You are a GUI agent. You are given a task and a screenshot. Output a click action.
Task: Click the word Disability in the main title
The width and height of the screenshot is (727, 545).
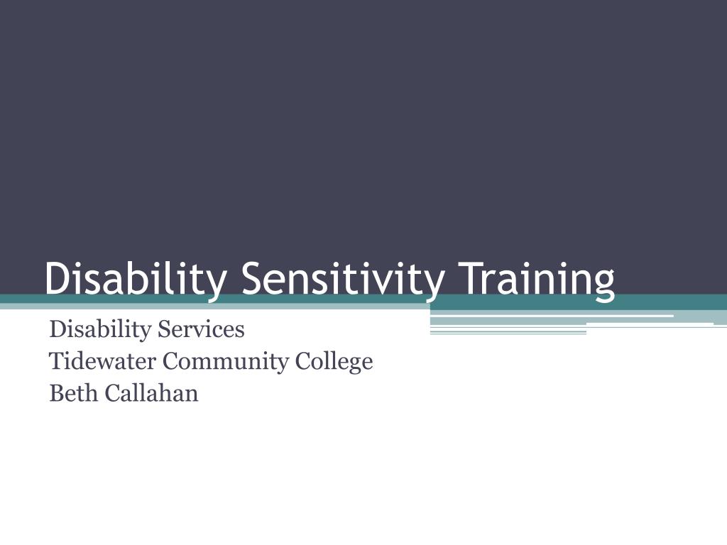136,278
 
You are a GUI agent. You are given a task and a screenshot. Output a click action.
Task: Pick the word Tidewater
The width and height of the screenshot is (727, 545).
102,361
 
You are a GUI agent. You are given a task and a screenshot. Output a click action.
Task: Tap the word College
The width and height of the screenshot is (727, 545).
334,361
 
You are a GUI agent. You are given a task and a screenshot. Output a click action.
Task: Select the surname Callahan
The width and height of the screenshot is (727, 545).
152,392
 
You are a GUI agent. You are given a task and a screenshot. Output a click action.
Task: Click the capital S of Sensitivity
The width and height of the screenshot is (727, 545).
253,278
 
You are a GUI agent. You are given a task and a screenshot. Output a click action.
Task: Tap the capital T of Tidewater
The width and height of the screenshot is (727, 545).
56,361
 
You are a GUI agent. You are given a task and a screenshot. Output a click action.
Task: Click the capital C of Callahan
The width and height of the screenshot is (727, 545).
112,392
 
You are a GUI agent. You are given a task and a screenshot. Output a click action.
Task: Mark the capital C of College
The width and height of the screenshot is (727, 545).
302,361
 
